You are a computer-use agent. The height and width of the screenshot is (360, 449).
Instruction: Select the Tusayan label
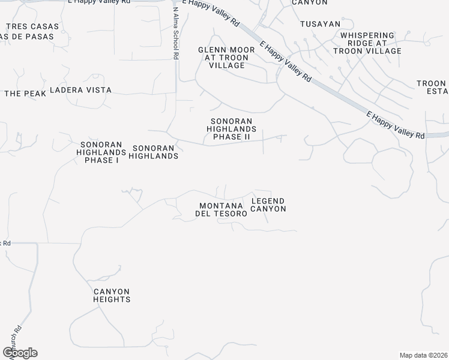coord(320,24)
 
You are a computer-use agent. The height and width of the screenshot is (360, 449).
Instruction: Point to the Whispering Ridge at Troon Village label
coord(370,43)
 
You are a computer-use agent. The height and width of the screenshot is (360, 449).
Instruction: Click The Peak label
coord(25,94)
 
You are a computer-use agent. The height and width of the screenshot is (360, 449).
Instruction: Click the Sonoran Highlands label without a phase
coord(155,152)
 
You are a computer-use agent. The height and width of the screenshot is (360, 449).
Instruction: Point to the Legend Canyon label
coord(268,205)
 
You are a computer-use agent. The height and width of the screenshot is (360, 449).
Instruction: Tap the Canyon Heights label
coord(112,295)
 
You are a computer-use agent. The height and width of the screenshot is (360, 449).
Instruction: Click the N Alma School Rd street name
coord(176,33)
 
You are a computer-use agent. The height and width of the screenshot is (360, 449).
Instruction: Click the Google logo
coord(20,353)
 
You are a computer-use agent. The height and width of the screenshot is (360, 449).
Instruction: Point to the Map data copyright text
coord(424,355)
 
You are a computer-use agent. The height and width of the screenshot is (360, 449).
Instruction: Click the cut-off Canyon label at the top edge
coord(309,2)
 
